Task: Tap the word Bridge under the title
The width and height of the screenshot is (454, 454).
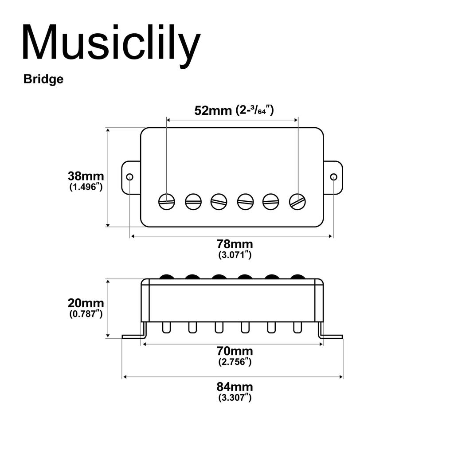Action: click(x=43, y=79)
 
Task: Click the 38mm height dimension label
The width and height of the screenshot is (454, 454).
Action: click(x=86, y=176)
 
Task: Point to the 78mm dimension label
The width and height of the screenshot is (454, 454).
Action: click(x=235, y=244)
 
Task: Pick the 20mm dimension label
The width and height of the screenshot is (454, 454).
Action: click(x=86, y=303)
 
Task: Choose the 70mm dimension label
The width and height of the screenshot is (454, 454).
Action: click(x=235, y=351)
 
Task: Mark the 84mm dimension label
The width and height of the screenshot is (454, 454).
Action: click(x=235, y=387)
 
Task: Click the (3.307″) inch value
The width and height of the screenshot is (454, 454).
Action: click(x=235, y=398)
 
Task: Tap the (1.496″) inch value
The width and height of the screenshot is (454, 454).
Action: click(x=86, y=187)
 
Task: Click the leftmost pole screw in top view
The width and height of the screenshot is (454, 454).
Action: click(x=167, y=202)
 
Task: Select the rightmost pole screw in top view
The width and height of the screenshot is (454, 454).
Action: click(x=297, y=202)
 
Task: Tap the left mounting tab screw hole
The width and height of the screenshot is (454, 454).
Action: click(x=129, y=177)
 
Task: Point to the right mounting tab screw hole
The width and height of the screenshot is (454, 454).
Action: click(x=334, y=177)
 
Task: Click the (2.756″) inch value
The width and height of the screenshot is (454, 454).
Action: click(x=235, y=362)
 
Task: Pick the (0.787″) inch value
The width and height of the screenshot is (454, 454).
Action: click(x=86, y=314)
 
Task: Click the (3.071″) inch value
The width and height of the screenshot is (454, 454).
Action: click(x=235, y=255)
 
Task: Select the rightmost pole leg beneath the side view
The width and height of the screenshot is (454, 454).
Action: click(x=297, y=327)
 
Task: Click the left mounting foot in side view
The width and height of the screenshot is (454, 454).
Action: click(x=133, y=336)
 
